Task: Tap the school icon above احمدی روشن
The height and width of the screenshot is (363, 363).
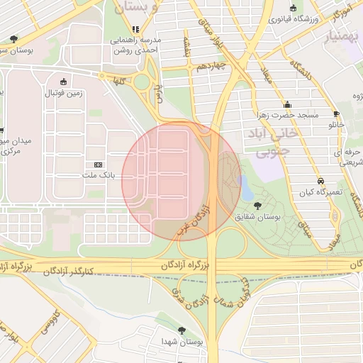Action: [135, 30]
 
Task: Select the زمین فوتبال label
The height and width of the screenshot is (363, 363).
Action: [65, 93]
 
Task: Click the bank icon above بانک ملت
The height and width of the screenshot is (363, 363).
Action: [98, 164]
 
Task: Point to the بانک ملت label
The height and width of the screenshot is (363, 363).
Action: [98, 175]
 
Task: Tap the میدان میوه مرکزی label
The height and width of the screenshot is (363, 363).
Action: [16, 146]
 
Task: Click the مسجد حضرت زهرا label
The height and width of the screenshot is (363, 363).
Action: [287, 115]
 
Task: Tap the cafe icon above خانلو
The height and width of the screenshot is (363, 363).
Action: [336, 113]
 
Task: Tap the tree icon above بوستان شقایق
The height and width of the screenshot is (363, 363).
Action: [257, 206]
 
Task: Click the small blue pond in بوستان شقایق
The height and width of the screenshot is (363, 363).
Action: [245, 188]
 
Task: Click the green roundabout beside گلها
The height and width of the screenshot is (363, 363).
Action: [143, 82]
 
